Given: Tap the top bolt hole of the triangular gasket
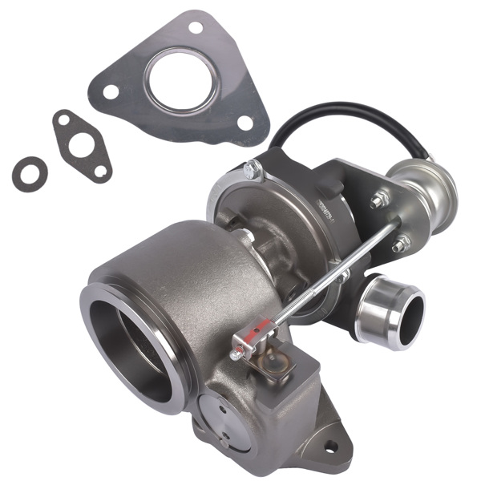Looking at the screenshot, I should (x=195, y=28).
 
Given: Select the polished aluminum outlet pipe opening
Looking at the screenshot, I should (x=391, y=315).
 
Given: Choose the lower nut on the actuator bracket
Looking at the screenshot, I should (x=399, y=243).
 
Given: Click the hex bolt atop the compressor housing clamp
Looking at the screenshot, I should (x=252, y=170).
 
